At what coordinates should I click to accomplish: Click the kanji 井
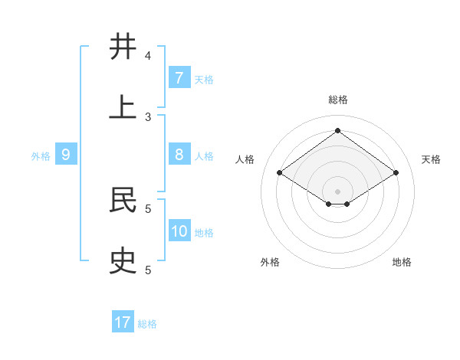(123, 47)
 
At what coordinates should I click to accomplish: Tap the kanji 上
(123, 107)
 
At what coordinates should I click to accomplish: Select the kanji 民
(123, 201)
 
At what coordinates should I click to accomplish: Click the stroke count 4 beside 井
(148, 56)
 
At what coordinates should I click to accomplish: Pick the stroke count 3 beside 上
(148, 116)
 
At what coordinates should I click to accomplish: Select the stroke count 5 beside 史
(148, 270)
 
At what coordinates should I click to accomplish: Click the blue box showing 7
(179, 78)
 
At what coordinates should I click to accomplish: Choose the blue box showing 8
(179, 155)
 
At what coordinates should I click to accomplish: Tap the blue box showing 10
(179, 231)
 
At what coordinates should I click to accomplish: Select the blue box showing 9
(66, 155)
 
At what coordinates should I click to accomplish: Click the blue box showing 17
(123, 322)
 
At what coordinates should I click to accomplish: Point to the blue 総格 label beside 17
(147, 324)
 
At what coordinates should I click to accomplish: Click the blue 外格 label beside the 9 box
(41, 156)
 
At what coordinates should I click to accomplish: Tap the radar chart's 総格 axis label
(337, 100)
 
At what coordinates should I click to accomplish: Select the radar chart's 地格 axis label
(402, 262)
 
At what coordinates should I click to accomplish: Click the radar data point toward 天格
(396, 173)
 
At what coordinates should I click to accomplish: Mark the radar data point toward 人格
(280, 173)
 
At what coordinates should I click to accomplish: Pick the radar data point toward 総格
(337, 131)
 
